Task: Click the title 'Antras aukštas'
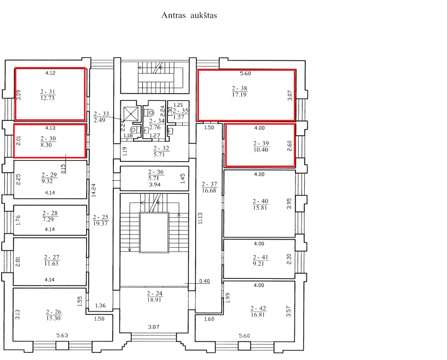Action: pos(189,15)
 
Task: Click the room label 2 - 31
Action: pos(47,91)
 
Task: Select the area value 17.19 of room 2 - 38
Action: pos(239,95)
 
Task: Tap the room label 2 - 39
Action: pos(261,143)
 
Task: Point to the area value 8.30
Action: pos(46,145)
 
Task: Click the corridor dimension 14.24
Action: pos(94,190)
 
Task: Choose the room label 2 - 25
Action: pos(101,217)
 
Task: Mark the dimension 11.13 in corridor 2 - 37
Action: pos(200,218)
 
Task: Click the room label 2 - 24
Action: pos(154,294)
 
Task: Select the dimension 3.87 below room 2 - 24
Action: pos(154,327)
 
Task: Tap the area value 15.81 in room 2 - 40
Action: pos(260,208)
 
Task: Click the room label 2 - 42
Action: pos(258,308)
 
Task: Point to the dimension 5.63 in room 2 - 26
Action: pos(62,335)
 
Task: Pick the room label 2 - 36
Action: pos(156,172)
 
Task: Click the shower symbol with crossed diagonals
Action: pos(131,114)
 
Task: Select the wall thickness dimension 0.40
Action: pos(204,281)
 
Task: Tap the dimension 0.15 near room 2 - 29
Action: pos(63,169)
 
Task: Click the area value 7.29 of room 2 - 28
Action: pos(48,219)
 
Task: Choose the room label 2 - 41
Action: pos(261,257)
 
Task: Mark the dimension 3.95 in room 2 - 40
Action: pos(289,204)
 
